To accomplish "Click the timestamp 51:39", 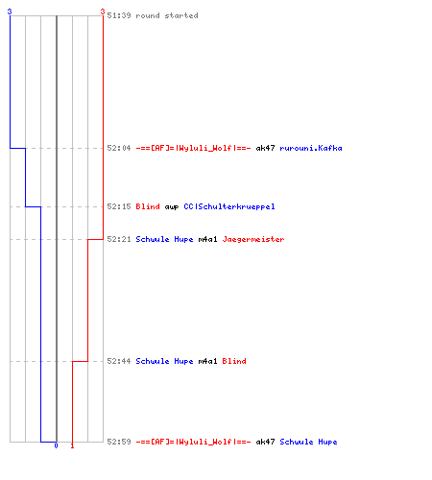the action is pos(119,15).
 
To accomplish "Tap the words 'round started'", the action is pos(167,15).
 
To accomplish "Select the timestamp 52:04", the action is pos(119,148).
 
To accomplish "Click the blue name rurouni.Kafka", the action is pos(311,148).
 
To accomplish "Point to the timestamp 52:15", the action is pos(119,206).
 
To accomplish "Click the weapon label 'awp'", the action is pos(172,207).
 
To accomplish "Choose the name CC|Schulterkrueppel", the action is pos(229,206).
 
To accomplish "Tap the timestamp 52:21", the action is pos(119,239).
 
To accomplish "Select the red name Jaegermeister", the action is pos(253,239).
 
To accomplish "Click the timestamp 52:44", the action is pos(119,361).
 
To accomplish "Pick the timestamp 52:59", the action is pos(119,442).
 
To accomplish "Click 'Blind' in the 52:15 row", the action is pos(148,206).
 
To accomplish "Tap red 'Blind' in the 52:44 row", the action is pos(234,361).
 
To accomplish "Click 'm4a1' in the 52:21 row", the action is pos(207,239).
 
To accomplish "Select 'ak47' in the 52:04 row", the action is pos(265,148).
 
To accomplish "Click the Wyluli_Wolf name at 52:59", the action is pos(193,442).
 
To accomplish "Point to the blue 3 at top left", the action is pos(10,12).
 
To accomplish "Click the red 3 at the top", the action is pos(103,12).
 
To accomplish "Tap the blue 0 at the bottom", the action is pos(56,445).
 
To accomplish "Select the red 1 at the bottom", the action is pos(72,445).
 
